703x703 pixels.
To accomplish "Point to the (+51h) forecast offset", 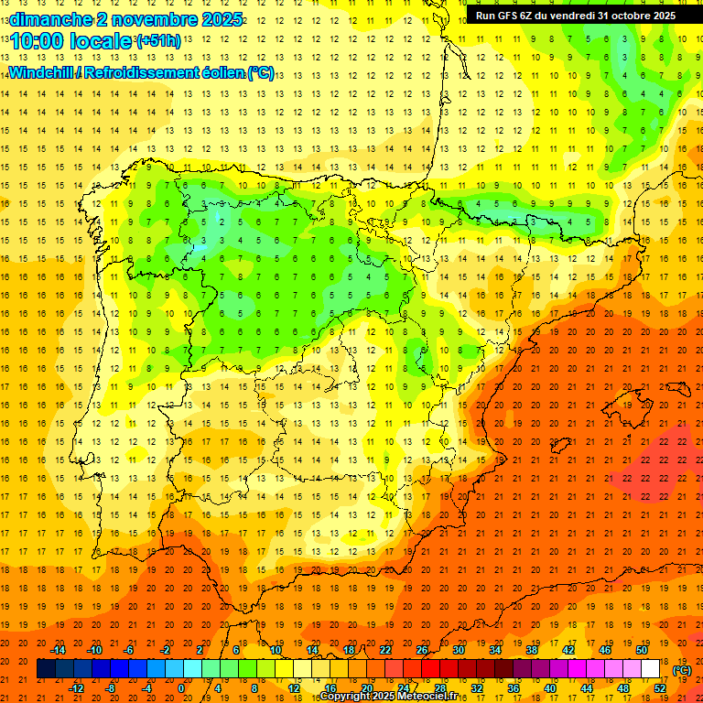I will click(x=157, y=41).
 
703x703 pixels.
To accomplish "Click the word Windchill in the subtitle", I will click(x=42, y=72).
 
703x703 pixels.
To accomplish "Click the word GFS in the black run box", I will click(x=513, y=16).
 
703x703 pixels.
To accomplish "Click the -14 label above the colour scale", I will click(x=59, y=650).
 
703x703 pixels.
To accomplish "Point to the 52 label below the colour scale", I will click(x=660, y=688).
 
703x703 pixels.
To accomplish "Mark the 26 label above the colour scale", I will click(x=422, y=650).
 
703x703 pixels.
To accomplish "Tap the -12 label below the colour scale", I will click(x=77, y=688).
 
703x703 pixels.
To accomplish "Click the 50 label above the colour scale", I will click(x=642, y=650).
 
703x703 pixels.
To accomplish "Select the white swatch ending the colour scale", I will click(x=651, y=669).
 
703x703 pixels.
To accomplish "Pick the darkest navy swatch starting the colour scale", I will click(x=46, y=669).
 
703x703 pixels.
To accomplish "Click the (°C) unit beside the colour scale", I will click(x=682, y=670).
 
